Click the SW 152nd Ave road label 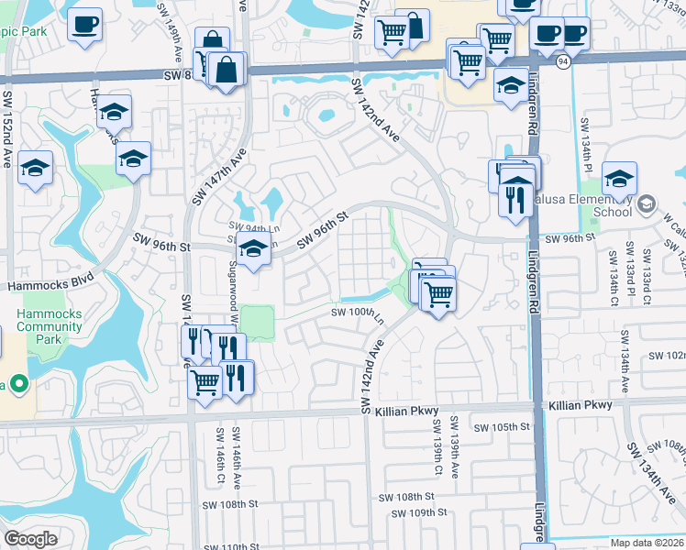click(x=7, y=128)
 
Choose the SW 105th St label click(x=502, y=427)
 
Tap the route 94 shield click(x=560, y=60)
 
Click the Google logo click(x=31, y=539)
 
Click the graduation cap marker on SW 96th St click(x=254, y=247)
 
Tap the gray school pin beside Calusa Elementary click(x=647, y=203)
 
